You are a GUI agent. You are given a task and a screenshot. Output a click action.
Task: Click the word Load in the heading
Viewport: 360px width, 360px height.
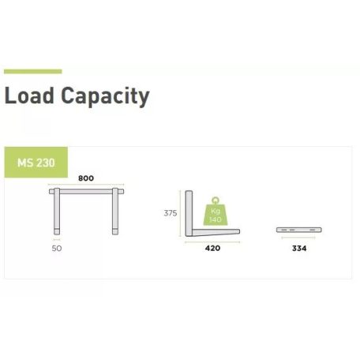pos(29,96)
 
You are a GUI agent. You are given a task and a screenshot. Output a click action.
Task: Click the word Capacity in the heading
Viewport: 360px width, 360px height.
pos(105,96)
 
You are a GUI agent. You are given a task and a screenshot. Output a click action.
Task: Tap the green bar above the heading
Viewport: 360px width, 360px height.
pos(33,71)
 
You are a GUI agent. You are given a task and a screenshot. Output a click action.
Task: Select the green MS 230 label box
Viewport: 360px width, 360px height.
pos(36,163)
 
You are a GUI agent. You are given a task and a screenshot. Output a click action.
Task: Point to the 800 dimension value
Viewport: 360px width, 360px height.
pos(86,178)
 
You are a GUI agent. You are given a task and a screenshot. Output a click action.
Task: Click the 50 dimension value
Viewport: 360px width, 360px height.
pos(57,249)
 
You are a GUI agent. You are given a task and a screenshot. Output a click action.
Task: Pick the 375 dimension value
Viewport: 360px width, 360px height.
pos(171,213)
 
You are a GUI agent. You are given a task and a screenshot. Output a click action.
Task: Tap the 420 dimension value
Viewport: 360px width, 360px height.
pos(212,248)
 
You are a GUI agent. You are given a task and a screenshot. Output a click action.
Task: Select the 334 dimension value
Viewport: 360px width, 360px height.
pos(299,249)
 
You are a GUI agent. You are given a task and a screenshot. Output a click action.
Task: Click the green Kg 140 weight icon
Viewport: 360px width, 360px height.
pos(216,214)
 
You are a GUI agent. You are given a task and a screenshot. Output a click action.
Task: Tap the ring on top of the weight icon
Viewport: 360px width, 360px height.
pos(216,200)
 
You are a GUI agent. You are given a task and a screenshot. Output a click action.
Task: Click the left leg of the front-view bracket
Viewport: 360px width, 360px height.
pos(57,211)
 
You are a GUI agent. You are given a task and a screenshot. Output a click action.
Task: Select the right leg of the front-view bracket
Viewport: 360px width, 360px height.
pos(115,211)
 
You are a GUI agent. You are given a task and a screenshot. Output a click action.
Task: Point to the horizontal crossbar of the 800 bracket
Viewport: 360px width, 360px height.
pos(86,192)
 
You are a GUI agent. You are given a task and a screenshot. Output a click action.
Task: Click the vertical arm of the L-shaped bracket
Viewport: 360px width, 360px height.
pos(189,213)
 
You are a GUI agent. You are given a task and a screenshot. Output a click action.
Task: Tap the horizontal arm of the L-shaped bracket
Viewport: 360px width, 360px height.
pos(216,232)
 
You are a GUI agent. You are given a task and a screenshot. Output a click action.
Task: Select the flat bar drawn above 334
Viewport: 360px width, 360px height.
pos(299,230)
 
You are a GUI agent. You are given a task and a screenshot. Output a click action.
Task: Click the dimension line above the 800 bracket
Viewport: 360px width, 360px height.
pos(86,185)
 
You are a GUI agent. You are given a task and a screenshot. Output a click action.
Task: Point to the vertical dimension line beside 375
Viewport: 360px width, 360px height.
pos(180,213)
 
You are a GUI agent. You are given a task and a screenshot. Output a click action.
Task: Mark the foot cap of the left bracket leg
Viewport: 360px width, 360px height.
pos(57,232)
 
